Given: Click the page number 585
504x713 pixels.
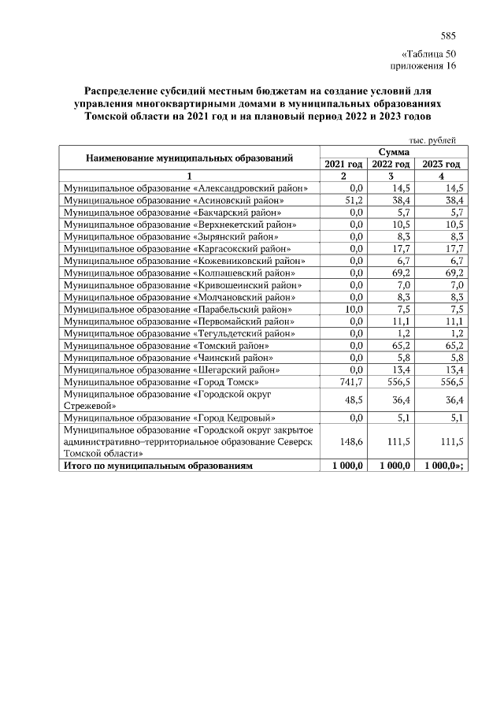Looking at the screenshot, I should pyautogui.click(x=448, y=35).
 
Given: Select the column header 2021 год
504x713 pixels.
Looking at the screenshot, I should pyautogui.click(x=343, y=164).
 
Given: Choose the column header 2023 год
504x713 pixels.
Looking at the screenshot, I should pyautogui.click(x=441, y=164).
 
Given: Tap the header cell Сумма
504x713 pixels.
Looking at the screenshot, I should pyautogui.click(x=392, y=151).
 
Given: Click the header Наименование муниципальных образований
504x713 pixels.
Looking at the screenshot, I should pyautogui.click(x=190, y=158).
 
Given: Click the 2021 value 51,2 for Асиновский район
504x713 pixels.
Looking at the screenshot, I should pyautogui.click(x=351, y=201).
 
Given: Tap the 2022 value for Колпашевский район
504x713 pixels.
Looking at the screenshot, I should pyautogui.click(x=402, y=273).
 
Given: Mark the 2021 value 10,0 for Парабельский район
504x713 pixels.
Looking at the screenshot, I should pyautogui.click(x=351, y=309).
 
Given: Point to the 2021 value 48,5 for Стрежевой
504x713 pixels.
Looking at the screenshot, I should pyautogui.click(x=351, y=399).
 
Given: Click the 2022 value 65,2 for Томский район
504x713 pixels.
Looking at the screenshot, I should pyautogui.click(x=402, y=345).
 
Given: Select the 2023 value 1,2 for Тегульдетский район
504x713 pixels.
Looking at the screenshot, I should pyautogui.click(x=454, y=333).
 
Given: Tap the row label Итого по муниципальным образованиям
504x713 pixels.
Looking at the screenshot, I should pyautogui.click(x=158, y=466).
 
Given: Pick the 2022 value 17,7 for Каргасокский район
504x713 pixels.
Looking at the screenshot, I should pyautogui.click(x=402, y=249).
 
